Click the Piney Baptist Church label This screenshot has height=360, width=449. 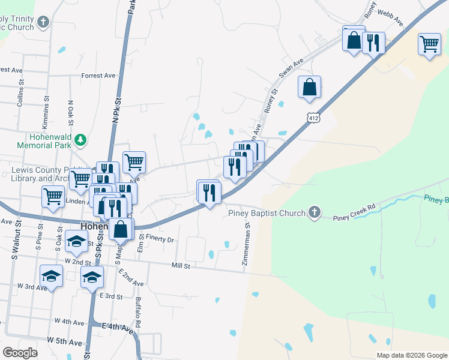267,212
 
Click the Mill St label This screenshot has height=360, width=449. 180,265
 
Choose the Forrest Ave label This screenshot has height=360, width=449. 98,76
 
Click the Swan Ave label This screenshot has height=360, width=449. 292,66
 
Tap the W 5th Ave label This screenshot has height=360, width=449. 66,342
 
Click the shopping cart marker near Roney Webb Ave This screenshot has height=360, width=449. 429,44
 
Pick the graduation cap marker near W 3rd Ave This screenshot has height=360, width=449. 51,277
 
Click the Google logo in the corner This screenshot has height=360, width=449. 20,353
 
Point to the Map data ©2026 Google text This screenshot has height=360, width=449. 411,355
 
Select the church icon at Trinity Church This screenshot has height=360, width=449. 42,22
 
